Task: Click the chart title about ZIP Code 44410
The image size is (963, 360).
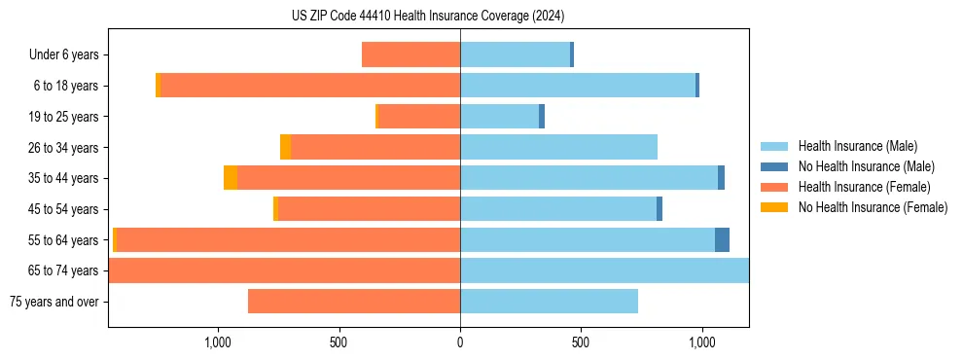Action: pos(428,16)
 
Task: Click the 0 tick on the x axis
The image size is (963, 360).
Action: pos(460,342)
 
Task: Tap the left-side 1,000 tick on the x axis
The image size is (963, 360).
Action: pos(218,342)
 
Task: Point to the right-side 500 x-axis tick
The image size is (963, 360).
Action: pos(581,342)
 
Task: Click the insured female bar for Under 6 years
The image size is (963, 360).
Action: pos(410,54)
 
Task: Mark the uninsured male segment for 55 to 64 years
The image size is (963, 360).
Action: pos(722,240)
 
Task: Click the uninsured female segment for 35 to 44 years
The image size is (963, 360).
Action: pos(231,178)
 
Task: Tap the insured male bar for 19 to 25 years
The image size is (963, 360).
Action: pos(499,117)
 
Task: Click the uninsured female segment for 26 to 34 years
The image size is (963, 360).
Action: pos(285,147)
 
